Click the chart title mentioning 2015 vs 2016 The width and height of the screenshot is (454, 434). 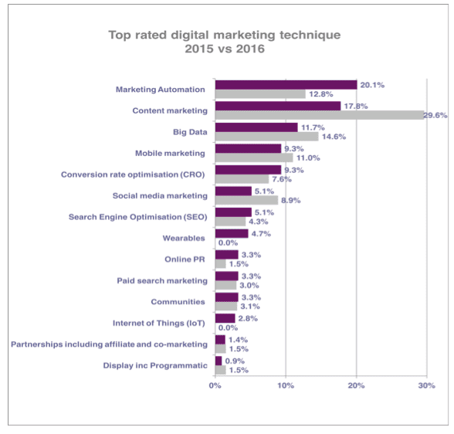[x=223, y=42]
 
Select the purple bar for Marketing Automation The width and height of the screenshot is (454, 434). [x=286, y=85]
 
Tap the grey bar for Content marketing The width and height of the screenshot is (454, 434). [x=319, y=115]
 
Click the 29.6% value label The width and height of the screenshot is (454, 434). [x=435, y=115]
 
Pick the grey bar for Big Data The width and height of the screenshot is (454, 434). [x=266, y=137]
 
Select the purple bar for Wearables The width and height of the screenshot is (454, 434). [x=231, y=233]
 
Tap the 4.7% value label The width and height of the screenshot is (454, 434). [x=262, y=233]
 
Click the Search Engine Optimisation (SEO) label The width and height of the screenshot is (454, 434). [x=136, y=217]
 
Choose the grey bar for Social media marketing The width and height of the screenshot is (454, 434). [x=246, y=201]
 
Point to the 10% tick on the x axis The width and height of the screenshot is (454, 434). [x=286, y=384]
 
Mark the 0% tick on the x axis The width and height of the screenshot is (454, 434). [x=215, y=384]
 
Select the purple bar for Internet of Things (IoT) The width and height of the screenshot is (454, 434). [x=225, y=318]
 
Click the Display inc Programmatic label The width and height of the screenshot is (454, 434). [x=155, y=365]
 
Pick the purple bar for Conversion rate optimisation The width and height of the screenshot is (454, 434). [x=248, y=170]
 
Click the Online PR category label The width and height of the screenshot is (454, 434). [x=185, y=259]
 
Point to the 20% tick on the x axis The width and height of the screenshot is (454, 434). [x=356, y=384]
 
